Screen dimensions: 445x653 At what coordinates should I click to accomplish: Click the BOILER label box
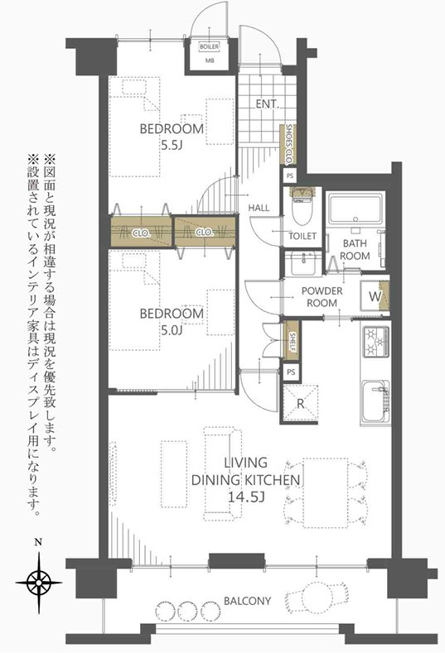(x=209, y=46)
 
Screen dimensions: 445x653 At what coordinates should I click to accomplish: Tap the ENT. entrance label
(x=267, y=104)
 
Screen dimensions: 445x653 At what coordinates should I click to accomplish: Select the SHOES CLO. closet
(x=288, y=144)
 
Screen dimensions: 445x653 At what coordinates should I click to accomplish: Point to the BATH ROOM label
(x=355, y=249)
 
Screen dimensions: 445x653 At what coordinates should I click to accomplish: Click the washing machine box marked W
(x=375, y=296)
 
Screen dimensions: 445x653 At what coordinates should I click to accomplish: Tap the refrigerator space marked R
(x=300, y=403)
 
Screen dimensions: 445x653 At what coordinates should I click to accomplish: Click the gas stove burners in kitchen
(x=376, y=342)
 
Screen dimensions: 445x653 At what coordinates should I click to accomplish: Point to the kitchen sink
(x=376, y=401)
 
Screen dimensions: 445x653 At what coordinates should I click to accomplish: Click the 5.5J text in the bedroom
(x=172, y=146)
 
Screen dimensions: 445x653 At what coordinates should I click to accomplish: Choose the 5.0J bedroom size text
(x=172, y=330)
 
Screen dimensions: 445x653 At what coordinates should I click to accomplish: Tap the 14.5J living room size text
(x=245, y=497)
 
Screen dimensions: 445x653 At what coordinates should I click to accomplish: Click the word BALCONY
(x=247, y=601)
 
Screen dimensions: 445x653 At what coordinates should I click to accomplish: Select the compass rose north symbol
(x=39, y=582)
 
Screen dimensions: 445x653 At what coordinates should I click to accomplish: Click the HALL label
(x=259, y=208)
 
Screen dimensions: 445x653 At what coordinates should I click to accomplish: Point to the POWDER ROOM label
(x=322, y=297)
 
